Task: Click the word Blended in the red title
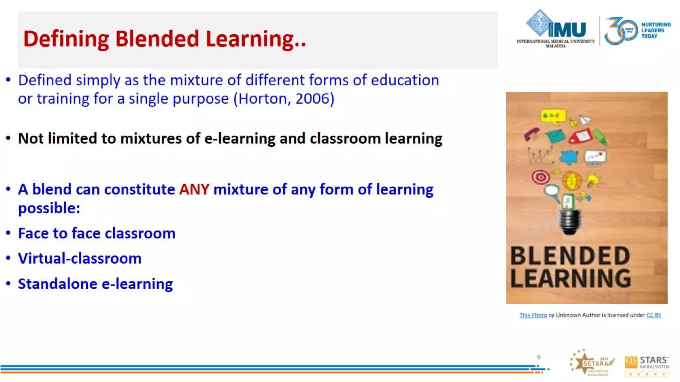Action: point(157,39)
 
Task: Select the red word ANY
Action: point(194,190)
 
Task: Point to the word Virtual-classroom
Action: point(80,259)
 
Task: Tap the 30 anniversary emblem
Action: point(620,31)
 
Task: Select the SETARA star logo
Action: point(592,362)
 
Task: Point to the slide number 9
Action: point(538,357)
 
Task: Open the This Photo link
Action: point(533,315)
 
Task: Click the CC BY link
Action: point(654,315)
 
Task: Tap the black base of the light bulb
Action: point(570,222)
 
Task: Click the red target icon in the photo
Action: point(540,177)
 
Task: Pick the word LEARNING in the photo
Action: point(570,279)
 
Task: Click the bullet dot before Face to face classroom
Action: point(8,233)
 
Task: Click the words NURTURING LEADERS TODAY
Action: point(655,31)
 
